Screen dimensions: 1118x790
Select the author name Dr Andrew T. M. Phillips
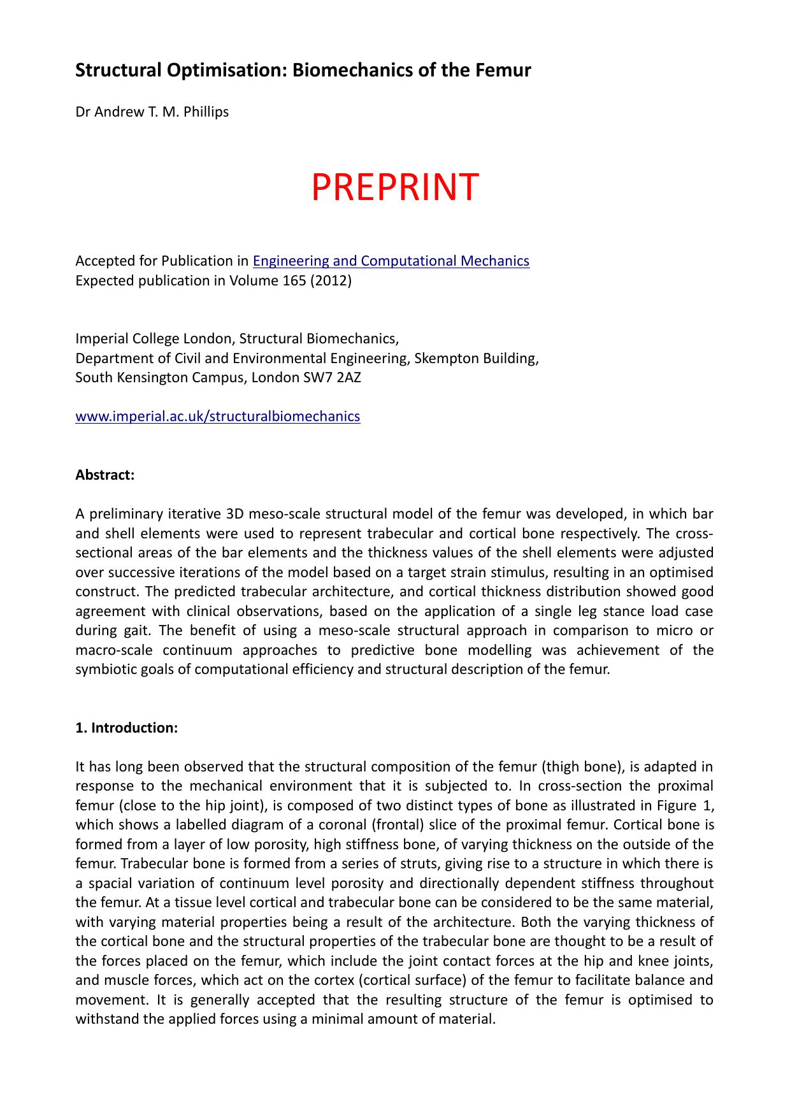[x=152, y=112]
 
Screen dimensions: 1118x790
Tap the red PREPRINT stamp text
[x=394, y=187]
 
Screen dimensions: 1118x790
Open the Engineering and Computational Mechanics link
[x=391, y=261]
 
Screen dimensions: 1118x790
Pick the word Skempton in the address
[x=444, y=358]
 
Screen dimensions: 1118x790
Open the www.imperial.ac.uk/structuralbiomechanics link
[x=217, y=416]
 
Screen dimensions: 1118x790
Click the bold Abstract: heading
[x=105, y=475]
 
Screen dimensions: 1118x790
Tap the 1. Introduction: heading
[x=126, y=727]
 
